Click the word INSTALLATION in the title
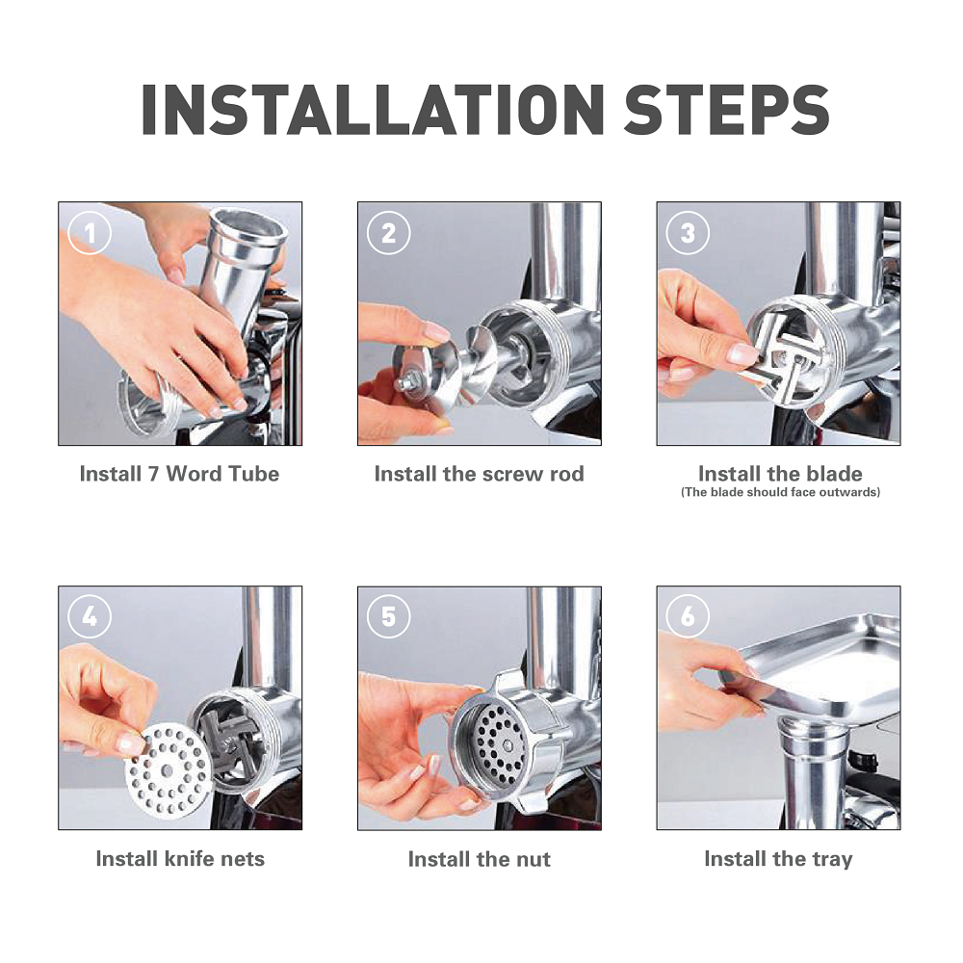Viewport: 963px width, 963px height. pos(373,110)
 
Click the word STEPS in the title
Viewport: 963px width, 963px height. pos(726,110)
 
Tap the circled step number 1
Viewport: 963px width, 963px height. pos(90,233)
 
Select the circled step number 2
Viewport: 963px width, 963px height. pos(389,233)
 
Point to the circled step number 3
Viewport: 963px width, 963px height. pos(688,233)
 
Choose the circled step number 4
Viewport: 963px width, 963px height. pos(90,616)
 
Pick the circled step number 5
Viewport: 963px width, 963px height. pos(389,616)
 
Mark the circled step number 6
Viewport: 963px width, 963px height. pos(688,616)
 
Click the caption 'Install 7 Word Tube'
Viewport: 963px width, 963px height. pos(179,474)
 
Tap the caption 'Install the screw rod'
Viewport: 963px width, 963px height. pos(479,474)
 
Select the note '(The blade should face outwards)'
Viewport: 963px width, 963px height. pos(780,492)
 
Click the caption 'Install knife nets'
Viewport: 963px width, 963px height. pos(180,858)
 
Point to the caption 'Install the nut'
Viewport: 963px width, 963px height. pos(479,859)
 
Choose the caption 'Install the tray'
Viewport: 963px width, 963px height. pos(778,859)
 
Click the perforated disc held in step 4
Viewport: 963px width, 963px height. pos(168,770)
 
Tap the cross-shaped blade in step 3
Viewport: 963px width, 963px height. pos(782,353)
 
